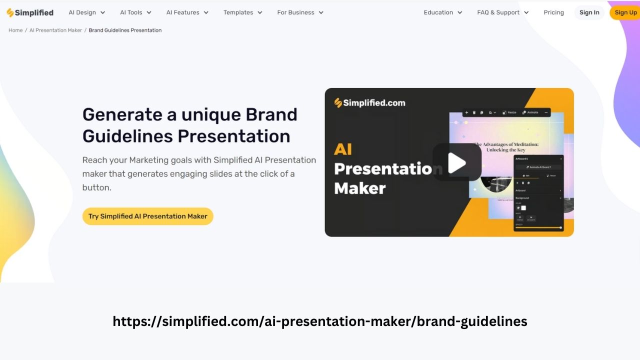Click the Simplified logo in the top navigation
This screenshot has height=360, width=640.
coord(30,12)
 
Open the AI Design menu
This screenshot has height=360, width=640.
coord(87,12)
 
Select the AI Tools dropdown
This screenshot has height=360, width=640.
coord(135,12)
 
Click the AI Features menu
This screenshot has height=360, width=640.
coord(187,12)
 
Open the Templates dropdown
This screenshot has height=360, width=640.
coord(243,12)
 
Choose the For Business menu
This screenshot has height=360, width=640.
coord(300,12)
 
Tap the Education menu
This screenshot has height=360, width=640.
coord(443,12)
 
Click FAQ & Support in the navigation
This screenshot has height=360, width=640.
coord(503,12)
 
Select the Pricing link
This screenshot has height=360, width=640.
coord(553,12)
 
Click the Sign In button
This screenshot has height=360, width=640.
coord(589,12)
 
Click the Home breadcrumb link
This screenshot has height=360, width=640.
coord(15,30)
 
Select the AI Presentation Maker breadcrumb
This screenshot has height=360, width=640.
coord(55,30)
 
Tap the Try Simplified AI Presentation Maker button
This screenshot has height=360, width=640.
coord(148,216)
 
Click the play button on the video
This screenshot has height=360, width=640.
coord(456,162)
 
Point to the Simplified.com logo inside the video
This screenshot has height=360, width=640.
coord(370,103)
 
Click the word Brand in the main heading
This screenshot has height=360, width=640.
coord(271,114)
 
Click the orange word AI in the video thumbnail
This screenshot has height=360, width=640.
coord(343,149)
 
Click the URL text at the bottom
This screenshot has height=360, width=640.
coord(320,321)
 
